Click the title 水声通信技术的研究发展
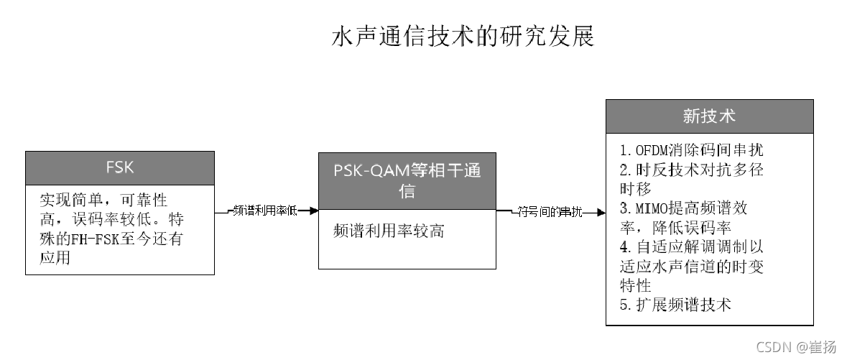[463, 37]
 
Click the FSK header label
[120, 168]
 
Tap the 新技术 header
[709, 116]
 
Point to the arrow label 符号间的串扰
[550, 211]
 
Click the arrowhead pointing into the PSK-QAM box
[313, 211]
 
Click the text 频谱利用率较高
[389, 231]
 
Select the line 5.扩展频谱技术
[675, 305]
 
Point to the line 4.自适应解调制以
[691, 247]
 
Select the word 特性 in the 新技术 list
[635, 286]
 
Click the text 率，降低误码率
[675, 228]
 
